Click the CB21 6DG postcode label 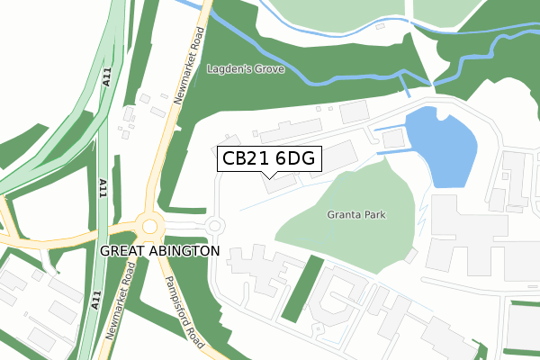(269, 158)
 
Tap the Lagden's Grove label (246, 68)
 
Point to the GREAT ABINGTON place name (159, 250)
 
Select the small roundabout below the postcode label (215, 225)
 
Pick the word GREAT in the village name (121, 250)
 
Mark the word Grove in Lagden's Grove (270, 68)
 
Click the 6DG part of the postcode (293, 158)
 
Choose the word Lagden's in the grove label (229, 68)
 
